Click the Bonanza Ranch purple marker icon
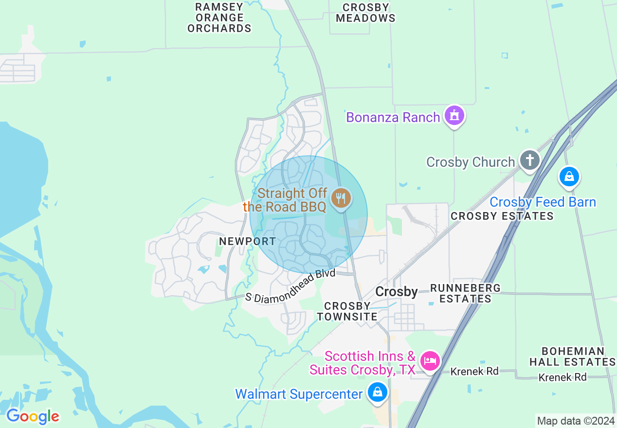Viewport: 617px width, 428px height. click(454, 116)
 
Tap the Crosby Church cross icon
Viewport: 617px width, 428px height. click(529, 160)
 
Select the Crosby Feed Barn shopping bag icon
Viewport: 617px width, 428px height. click(569, 177)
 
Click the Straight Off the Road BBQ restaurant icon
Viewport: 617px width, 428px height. click(341, 198)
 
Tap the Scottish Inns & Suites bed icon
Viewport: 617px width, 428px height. click(430, 361)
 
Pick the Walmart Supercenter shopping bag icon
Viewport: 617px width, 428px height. click(377, 392)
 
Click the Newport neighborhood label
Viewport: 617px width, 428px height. click(247, 241)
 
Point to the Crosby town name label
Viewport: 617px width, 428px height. click(397, 292)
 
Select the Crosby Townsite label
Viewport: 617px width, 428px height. click(347, 311)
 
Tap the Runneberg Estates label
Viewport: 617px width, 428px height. click(466, 293)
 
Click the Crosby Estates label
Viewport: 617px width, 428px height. click(502, 216)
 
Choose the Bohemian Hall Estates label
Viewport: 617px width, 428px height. click(573, 357)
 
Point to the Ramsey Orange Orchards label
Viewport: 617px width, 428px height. click(219, 18)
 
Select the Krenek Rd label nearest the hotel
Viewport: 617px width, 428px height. click(474, 372)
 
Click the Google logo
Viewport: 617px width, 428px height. click(33, 416)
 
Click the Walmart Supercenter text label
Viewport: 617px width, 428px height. click(299, 394)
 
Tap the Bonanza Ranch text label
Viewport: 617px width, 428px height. click(393, 117)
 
